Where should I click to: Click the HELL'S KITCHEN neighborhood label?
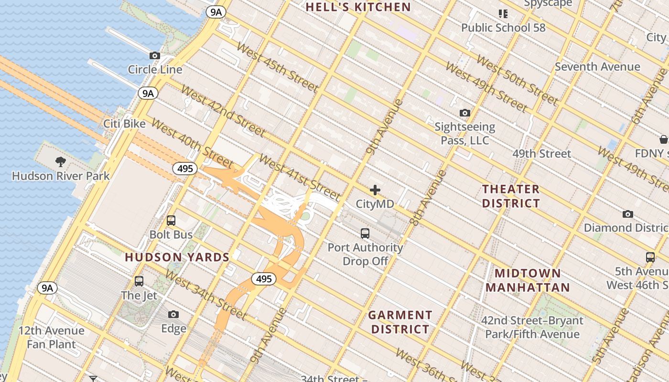[358, 7]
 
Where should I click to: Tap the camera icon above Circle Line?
[155, 56]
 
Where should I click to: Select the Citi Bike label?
[124, 124]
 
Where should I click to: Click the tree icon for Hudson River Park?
[61, 161]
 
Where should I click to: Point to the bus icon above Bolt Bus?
[171, 221]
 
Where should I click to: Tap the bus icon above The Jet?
[139, 281]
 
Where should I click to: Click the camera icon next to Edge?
[173, 314]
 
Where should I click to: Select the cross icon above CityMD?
[375, 190]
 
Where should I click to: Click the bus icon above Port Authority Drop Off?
[365, 233]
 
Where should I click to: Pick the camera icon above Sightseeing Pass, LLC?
[464, 113]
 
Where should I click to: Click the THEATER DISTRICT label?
[511, 196]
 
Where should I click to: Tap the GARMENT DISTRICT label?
[400, 322]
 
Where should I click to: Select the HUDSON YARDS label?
[177, 257]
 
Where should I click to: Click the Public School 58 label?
[503, 28]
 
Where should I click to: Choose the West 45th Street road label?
[277, 67]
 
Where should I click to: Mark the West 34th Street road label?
[206, 295]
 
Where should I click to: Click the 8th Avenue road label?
[428, 198]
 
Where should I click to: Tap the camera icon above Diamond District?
[628, 214]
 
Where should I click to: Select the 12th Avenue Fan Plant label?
[51, 337]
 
